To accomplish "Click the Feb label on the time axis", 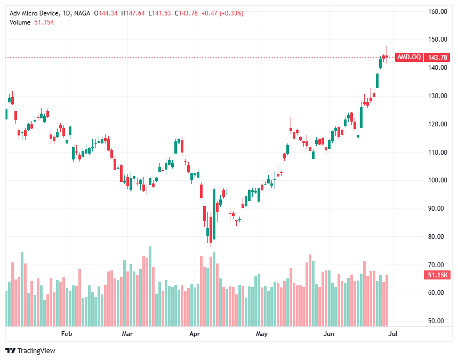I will tap(66, 334).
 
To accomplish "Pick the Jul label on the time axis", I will tap(393, 334).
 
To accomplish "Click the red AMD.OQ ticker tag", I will tap(409, 57).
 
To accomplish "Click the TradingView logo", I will tap(30, 350).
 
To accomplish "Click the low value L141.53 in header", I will tap(160, 13).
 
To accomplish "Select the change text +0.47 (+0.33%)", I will tap(223, 13).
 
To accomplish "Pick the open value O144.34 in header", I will tap(105, 13).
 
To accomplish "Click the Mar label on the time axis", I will tap(127, 334).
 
